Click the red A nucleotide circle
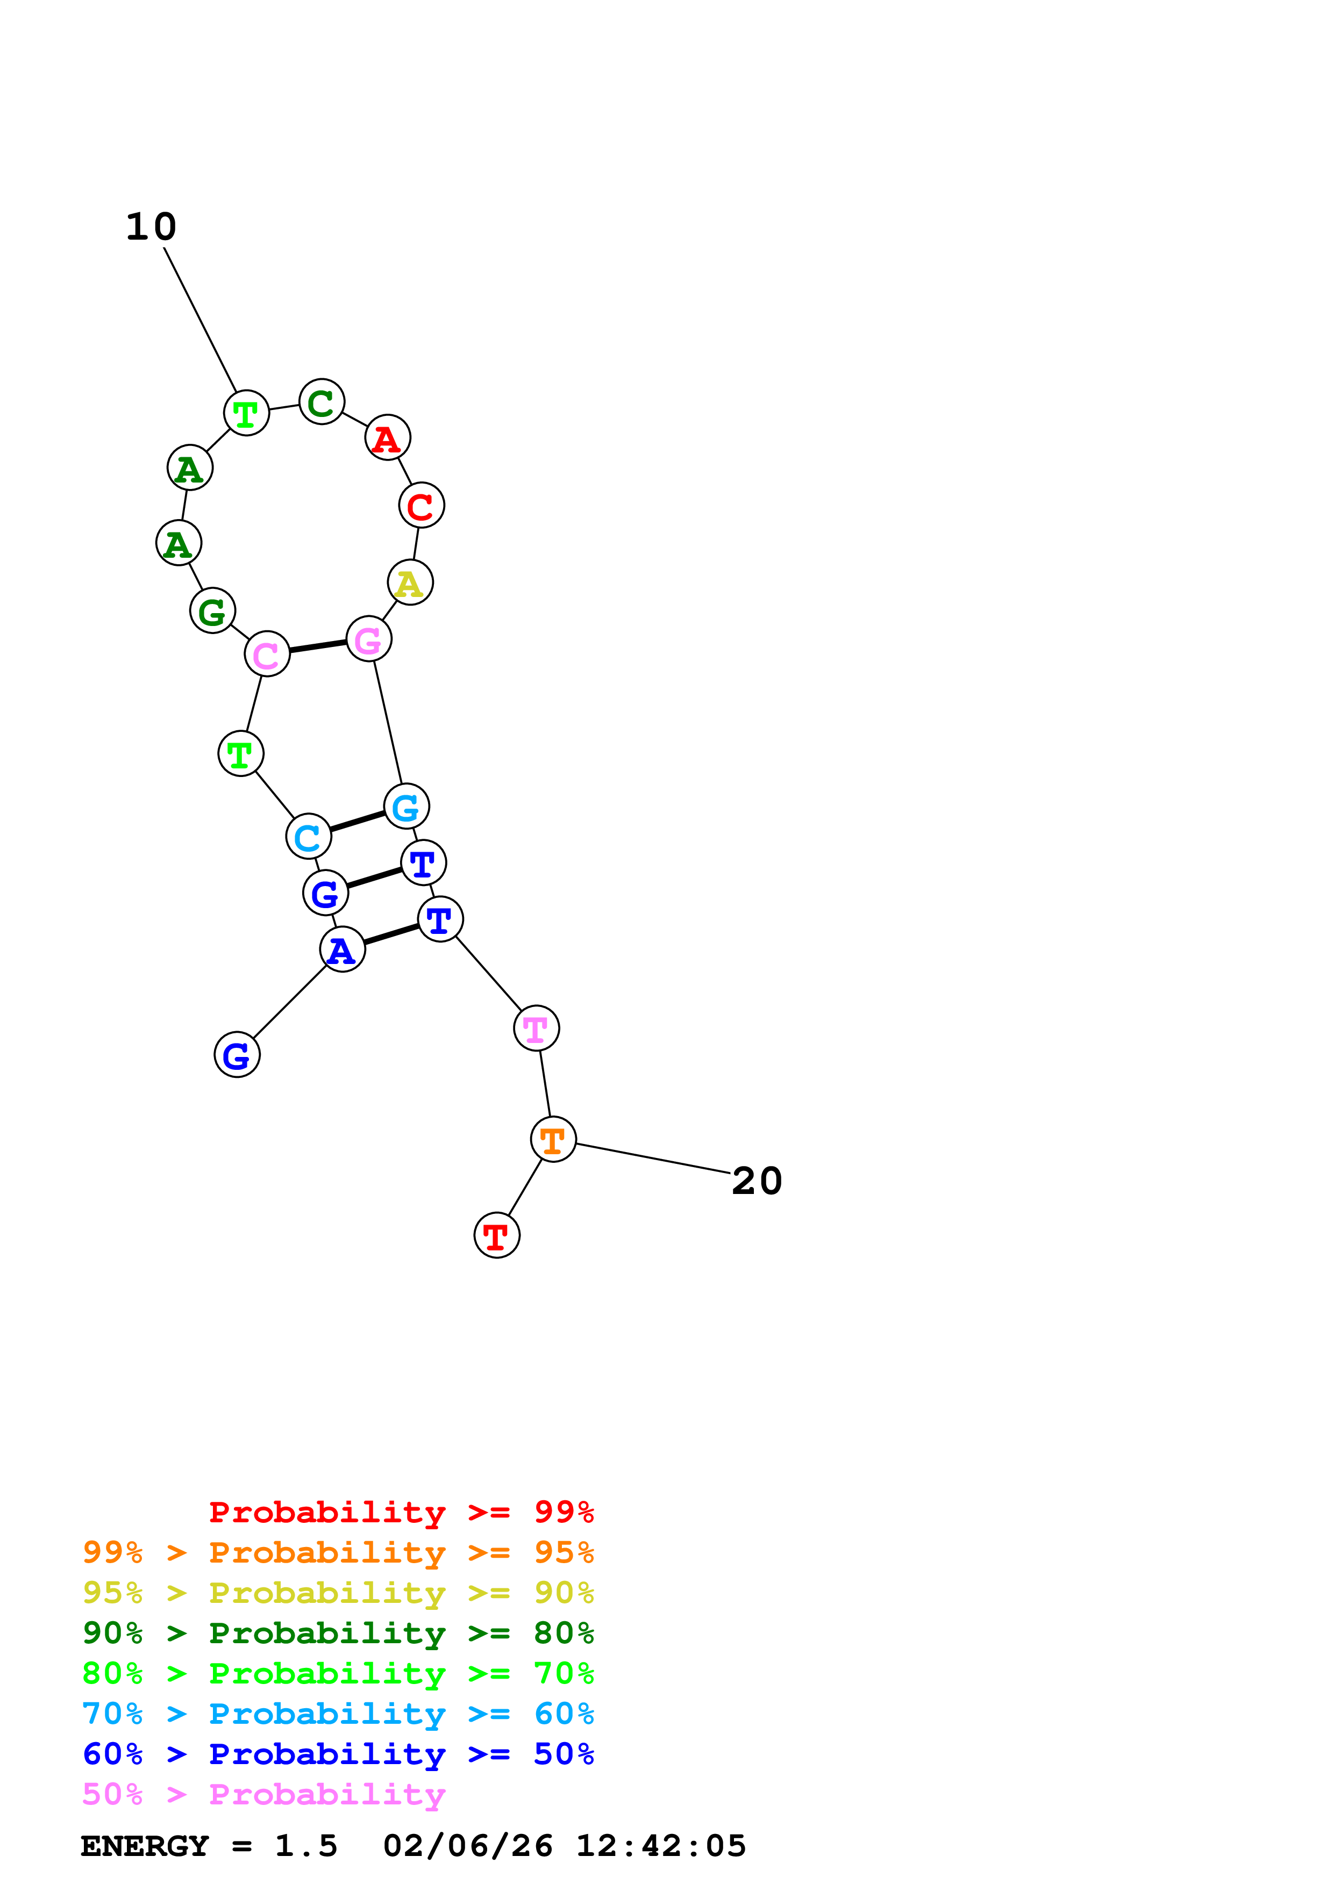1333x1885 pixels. coord(387,437)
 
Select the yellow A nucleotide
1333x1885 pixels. coord(410,583)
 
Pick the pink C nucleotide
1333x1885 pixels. coord(267,654)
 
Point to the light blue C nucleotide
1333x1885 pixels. coord(308,837)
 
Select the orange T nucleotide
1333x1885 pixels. coord(553,1140)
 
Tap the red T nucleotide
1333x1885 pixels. coord(497,1235)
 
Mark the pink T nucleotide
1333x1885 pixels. coord(536,1028)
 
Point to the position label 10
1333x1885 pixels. coord(151,227)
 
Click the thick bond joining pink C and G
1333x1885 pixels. coord(318,647)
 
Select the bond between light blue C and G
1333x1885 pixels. coord(357,822)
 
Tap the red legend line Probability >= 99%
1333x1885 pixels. coord(401,1512)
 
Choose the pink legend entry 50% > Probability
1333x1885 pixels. coord(263,1795)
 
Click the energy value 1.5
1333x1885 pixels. coord(305,1846)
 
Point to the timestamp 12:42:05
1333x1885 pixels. coord(660,1846)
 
